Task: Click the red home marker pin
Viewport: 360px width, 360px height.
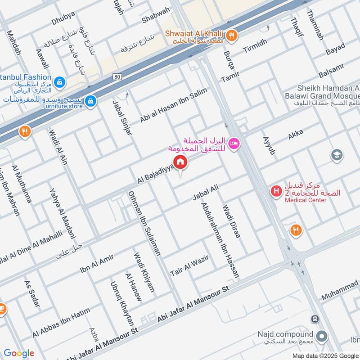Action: (180, 162)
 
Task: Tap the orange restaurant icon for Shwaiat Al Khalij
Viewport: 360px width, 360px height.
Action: (231, 35)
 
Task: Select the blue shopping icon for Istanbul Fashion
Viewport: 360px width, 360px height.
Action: (59, 82)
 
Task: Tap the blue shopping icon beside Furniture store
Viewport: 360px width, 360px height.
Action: (91, 100)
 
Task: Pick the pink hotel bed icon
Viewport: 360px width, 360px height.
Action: (234, 144)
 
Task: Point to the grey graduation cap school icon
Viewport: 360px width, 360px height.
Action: (336, 155)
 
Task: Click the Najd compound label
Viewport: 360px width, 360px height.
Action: (285, 334)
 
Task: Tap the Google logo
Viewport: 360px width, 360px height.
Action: (18, 353)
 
